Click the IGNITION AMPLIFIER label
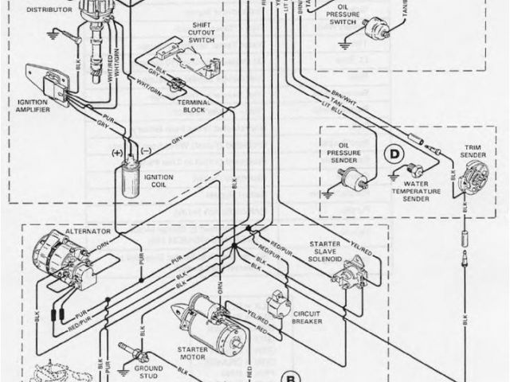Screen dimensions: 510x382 pos(33,106)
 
